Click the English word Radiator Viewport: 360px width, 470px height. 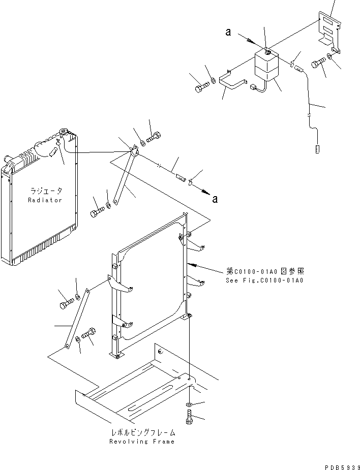45,200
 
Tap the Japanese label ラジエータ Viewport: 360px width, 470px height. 45,191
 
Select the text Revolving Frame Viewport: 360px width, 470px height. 142,442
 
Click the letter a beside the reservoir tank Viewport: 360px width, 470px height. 228,33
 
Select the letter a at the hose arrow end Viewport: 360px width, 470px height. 215,199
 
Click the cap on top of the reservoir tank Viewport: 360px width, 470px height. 265,49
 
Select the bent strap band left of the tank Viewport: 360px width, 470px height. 233,80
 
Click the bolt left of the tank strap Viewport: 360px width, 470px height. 200,89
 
